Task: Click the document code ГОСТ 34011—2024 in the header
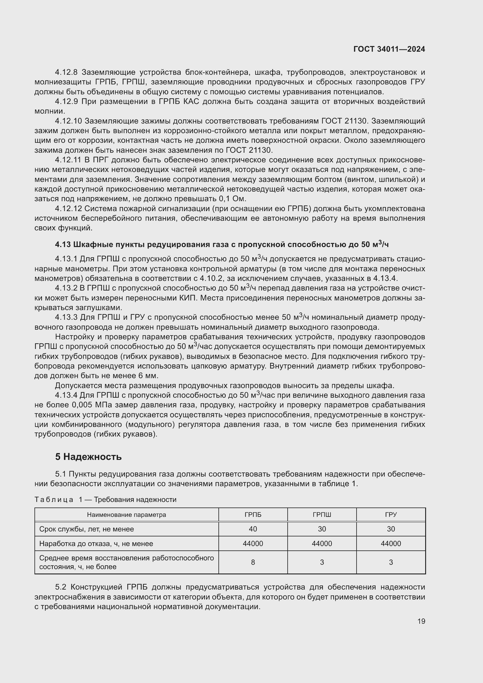pyautogui.click(x=389, y=49)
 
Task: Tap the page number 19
pyautogui.click(x=421, y=621)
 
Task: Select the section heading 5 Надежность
pyautogui.click(x=88, y=457)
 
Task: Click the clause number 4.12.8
pyautogui.click(x=66, y=72)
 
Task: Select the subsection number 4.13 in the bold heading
pyautogui.click(x=63, y=244)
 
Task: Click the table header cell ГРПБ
pyautogui.click(x=253, y=515)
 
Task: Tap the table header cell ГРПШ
pyautogui.click(x=322, y=515)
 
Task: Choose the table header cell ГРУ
pyautogui.click(x=391, y=515)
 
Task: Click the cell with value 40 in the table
pyautogui.click(x=253, y=529)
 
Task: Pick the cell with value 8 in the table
pyautogui.click(x=253, y=562)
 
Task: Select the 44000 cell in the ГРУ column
pyautogui.click(x=391, y=543)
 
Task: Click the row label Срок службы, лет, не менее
pyautogui.click(x=86, y=529)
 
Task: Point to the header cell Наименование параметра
pyautogui.click(x=126, y=515)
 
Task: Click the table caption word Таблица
pyautogui.click(x=54, y=499)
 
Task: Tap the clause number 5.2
pyautogui.click(x=62, y=587)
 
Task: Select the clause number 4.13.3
pyautogui.click(x=66, y=317)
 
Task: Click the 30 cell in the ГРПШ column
pyautogui.click(x=322, y=529)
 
